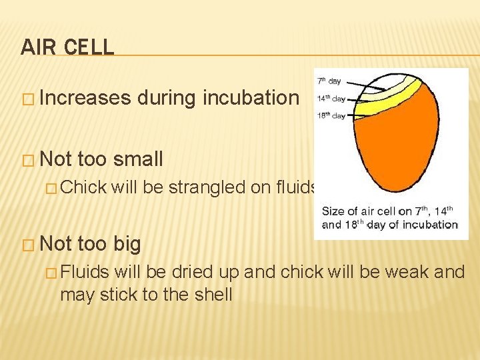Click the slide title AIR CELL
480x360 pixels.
point(67,47)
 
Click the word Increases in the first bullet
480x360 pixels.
point(85,98)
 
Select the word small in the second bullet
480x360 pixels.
point(138,159)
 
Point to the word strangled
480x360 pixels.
point(207,188)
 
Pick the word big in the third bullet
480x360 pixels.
point(127,244)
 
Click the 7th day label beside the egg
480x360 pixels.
point(329,81)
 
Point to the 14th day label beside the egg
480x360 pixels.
point(331,99)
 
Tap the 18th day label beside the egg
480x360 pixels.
point(331,115)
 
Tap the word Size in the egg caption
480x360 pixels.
point(333,211)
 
